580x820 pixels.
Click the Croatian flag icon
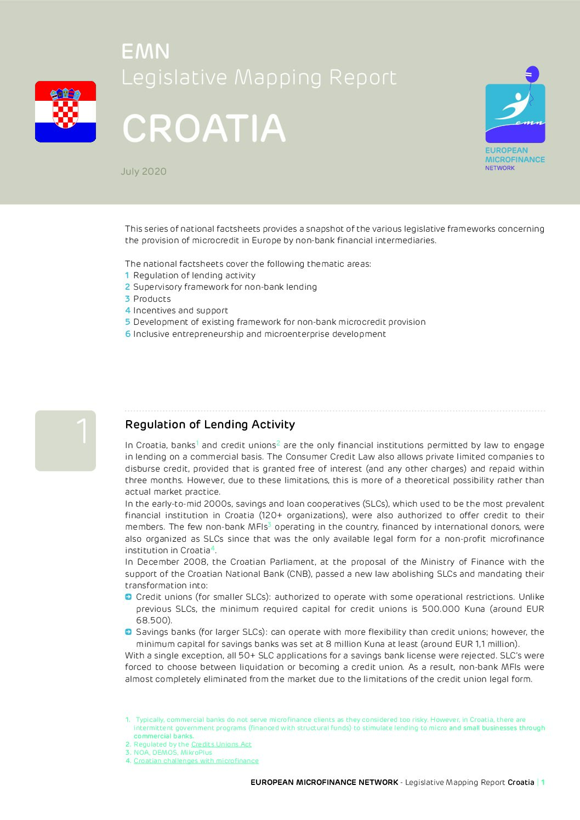[65, 112]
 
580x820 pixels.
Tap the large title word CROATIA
[204, 129]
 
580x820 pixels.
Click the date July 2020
[144, 171]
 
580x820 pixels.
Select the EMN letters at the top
[145, 51]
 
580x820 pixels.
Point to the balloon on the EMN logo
[532, 74]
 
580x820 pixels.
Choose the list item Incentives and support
[180, 311]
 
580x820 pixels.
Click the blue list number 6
[128, 334]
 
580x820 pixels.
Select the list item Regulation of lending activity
[194, 276]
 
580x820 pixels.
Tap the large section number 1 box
[65, 440]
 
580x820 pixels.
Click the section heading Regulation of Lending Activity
[210, 425]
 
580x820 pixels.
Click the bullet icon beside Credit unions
[128, 597]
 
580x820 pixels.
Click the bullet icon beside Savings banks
[128, 632]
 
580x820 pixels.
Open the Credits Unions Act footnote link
[221, 744]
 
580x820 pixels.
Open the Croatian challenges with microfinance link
[196, 761]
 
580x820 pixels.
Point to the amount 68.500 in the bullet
[153, 621]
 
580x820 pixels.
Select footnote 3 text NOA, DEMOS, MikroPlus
[173, 753]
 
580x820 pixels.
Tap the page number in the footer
[543, 782]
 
